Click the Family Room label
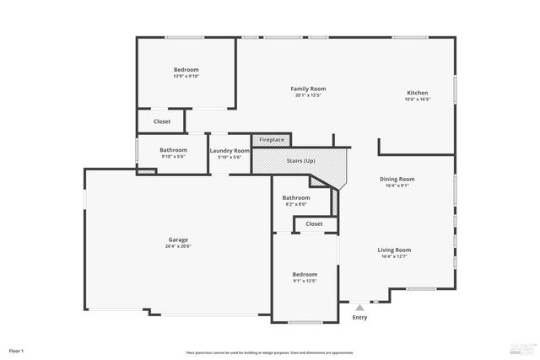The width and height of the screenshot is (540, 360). (x=308, y=89)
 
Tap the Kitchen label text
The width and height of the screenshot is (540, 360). (x=418, y=93)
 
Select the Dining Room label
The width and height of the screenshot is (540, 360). (x=396, y=179)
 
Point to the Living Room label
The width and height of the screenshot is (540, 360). (x=394, y=250)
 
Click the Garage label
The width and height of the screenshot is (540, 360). (x=177, y=239)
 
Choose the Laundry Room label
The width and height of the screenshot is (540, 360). (x=229, y=151)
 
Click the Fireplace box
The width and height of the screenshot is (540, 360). (x=271, y=139)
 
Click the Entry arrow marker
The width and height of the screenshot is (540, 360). (x=360, y=308)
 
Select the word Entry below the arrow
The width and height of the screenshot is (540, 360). (x=360, y=318)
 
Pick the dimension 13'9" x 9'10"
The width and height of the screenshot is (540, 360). (x=186, y=77)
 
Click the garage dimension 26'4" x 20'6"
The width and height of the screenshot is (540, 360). (x=177, y=246)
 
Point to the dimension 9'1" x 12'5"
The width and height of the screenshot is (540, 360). (x=305, y=281)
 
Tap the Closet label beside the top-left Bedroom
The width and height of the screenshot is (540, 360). (x=161, y=121)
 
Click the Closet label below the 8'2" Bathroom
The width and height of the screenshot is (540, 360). (x=314, y=224)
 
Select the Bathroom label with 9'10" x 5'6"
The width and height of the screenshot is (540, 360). (x=173, y=151)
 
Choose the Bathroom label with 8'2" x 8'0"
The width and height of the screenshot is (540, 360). (x=296, y=198)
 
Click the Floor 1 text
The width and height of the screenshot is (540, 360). (x=17, y=351)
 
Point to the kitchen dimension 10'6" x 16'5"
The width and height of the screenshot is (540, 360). (x=418, y=99)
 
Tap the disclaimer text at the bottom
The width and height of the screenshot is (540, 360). (x=270, y=352)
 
